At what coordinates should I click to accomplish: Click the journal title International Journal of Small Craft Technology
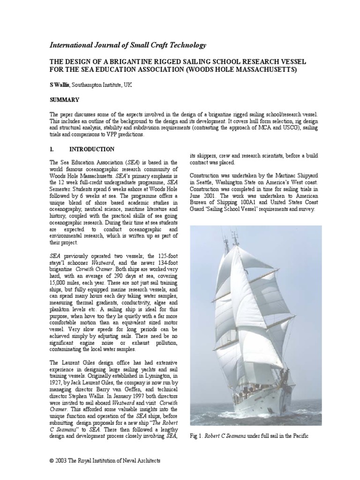[127, 45]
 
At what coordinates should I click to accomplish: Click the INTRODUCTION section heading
[91, 150]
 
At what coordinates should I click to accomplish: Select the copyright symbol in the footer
[52, 461]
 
